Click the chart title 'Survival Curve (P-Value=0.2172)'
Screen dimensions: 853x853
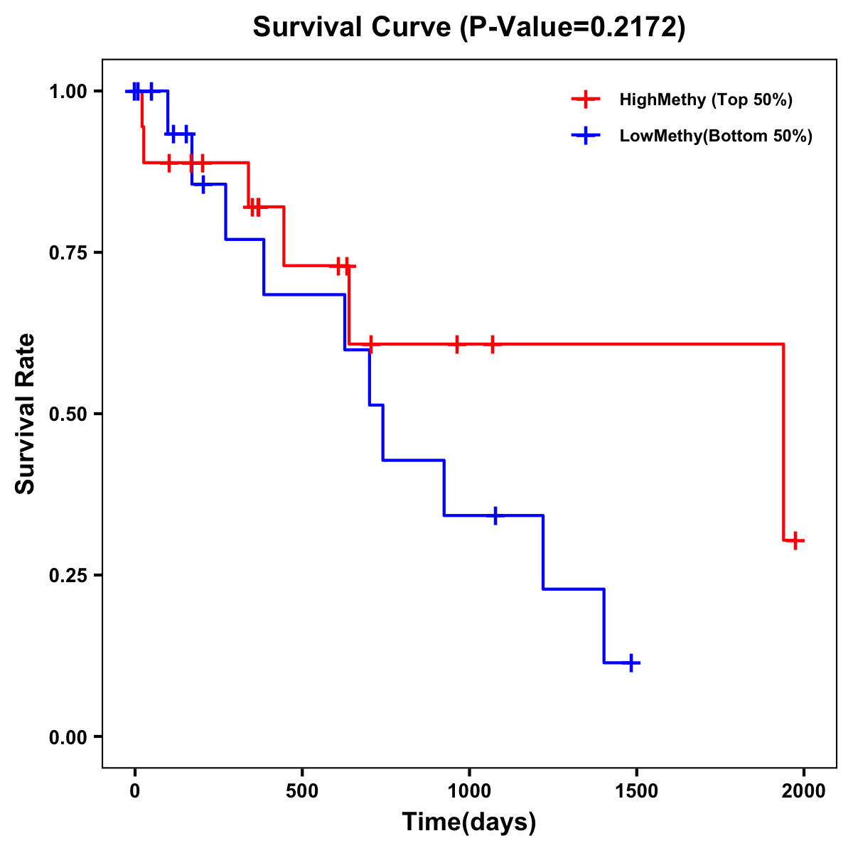(x=469, y=28)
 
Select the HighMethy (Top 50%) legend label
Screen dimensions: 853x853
(x=705, y=100)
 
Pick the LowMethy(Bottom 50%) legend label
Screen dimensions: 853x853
(x=715, y=136)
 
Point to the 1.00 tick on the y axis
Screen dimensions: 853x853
(x=68, y=92)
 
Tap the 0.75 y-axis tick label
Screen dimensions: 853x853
(x=68, y=253)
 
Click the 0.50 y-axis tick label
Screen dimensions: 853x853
(x=68, y=414)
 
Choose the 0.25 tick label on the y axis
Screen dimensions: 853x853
(x=68, y=576)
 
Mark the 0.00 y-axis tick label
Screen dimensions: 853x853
(x=68, y=737)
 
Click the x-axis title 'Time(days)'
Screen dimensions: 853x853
(x=469, y=822)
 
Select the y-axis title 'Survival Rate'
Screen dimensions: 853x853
(x=26, y=414)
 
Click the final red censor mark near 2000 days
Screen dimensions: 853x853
(x=795, y=540)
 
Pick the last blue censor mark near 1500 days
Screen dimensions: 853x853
(x=631, y=662)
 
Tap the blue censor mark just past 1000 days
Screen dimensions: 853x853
(x=495, y=515)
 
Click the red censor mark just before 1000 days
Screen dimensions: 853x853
(x=457, y=344)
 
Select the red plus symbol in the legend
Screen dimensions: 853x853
(x=586, y=100)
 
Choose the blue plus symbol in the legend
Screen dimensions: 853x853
(x=586, y=136)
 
